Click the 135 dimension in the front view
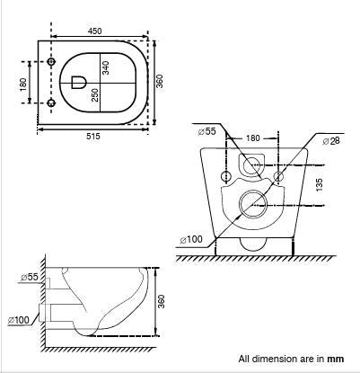(318, 186)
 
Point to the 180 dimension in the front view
(253, 137)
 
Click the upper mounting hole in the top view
(51, 61)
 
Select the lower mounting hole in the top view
(51, 103)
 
